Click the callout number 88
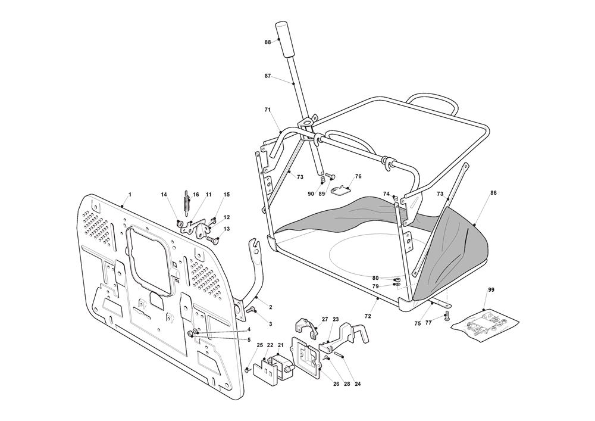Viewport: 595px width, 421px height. [268, 42]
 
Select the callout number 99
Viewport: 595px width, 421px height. [491, 289]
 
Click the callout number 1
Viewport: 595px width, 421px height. [130, 195]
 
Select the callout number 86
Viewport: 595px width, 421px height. [493, 194]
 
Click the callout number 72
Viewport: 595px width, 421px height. [368, 316]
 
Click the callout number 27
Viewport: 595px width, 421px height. [325, 320]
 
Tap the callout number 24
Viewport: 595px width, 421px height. [358, 384]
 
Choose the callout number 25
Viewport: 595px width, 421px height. [259, 345]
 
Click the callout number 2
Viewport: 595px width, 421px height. [271, 307]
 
